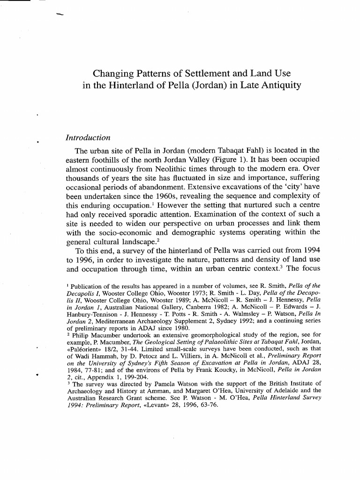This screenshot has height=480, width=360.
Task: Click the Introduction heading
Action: pyautogui.click(x=88, y=137)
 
